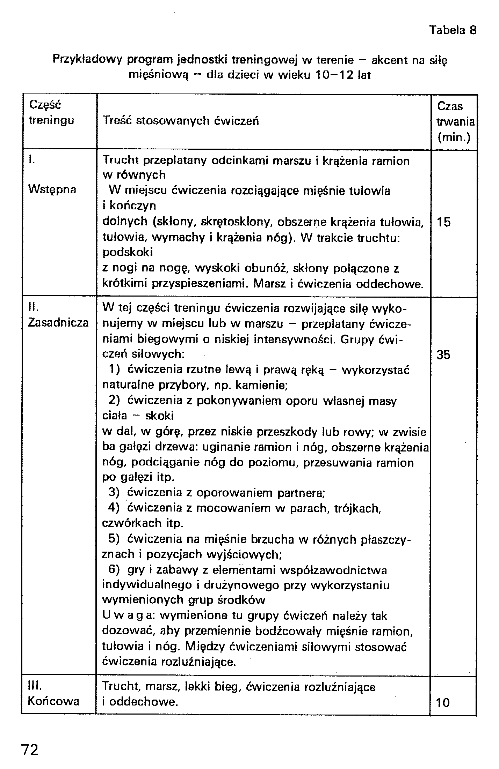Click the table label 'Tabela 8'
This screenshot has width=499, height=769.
tap(453, 30)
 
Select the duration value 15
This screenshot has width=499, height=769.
tap(444, 222)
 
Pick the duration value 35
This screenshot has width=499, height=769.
tap(444, 355)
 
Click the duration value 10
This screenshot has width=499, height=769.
tap(443, 702)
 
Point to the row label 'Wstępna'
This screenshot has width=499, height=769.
tap(52, 190)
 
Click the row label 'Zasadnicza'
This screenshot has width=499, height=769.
tap(58, 323)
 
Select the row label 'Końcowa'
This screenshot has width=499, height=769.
tap(53, 701)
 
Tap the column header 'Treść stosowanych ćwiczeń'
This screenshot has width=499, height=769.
tap(181, 121)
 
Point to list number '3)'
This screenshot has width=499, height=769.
tap(114, 492)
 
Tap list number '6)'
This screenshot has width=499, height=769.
tap(114, 570)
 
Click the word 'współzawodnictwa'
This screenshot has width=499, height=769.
tap(334, 570)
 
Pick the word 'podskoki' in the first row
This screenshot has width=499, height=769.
tap(128, 252)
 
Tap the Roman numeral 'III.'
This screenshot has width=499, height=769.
tap(35, 686)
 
